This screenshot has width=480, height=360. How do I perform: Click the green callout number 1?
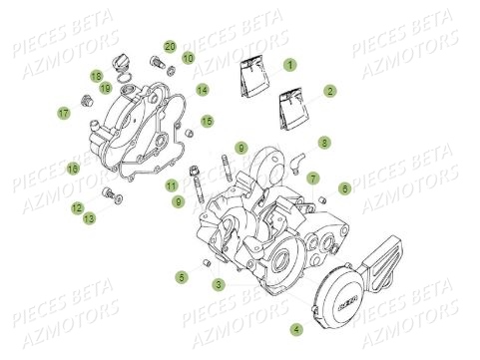point(289,65)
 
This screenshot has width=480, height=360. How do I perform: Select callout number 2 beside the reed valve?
point(329,91)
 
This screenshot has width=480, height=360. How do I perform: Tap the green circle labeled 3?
point(218,285)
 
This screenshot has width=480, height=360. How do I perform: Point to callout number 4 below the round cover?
point(295,328)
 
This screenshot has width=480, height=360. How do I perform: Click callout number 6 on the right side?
point(344,187)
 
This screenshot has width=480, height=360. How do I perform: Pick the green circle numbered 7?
point(312,178)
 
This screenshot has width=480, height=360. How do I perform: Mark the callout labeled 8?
point(324,144)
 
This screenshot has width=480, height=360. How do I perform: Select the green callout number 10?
point(188,59)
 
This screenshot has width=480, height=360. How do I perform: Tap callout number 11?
point(172,184)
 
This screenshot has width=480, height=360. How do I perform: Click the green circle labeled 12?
point(76,207)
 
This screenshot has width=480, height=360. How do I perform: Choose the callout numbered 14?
point(202,91)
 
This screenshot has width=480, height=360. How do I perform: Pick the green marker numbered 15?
point(207,122)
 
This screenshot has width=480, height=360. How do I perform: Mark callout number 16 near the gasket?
point(73,170)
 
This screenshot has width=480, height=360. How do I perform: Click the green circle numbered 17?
point(63,114)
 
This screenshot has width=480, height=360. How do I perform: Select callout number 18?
point(96,76)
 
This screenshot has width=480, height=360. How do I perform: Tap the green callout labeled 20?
point(170,47)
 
